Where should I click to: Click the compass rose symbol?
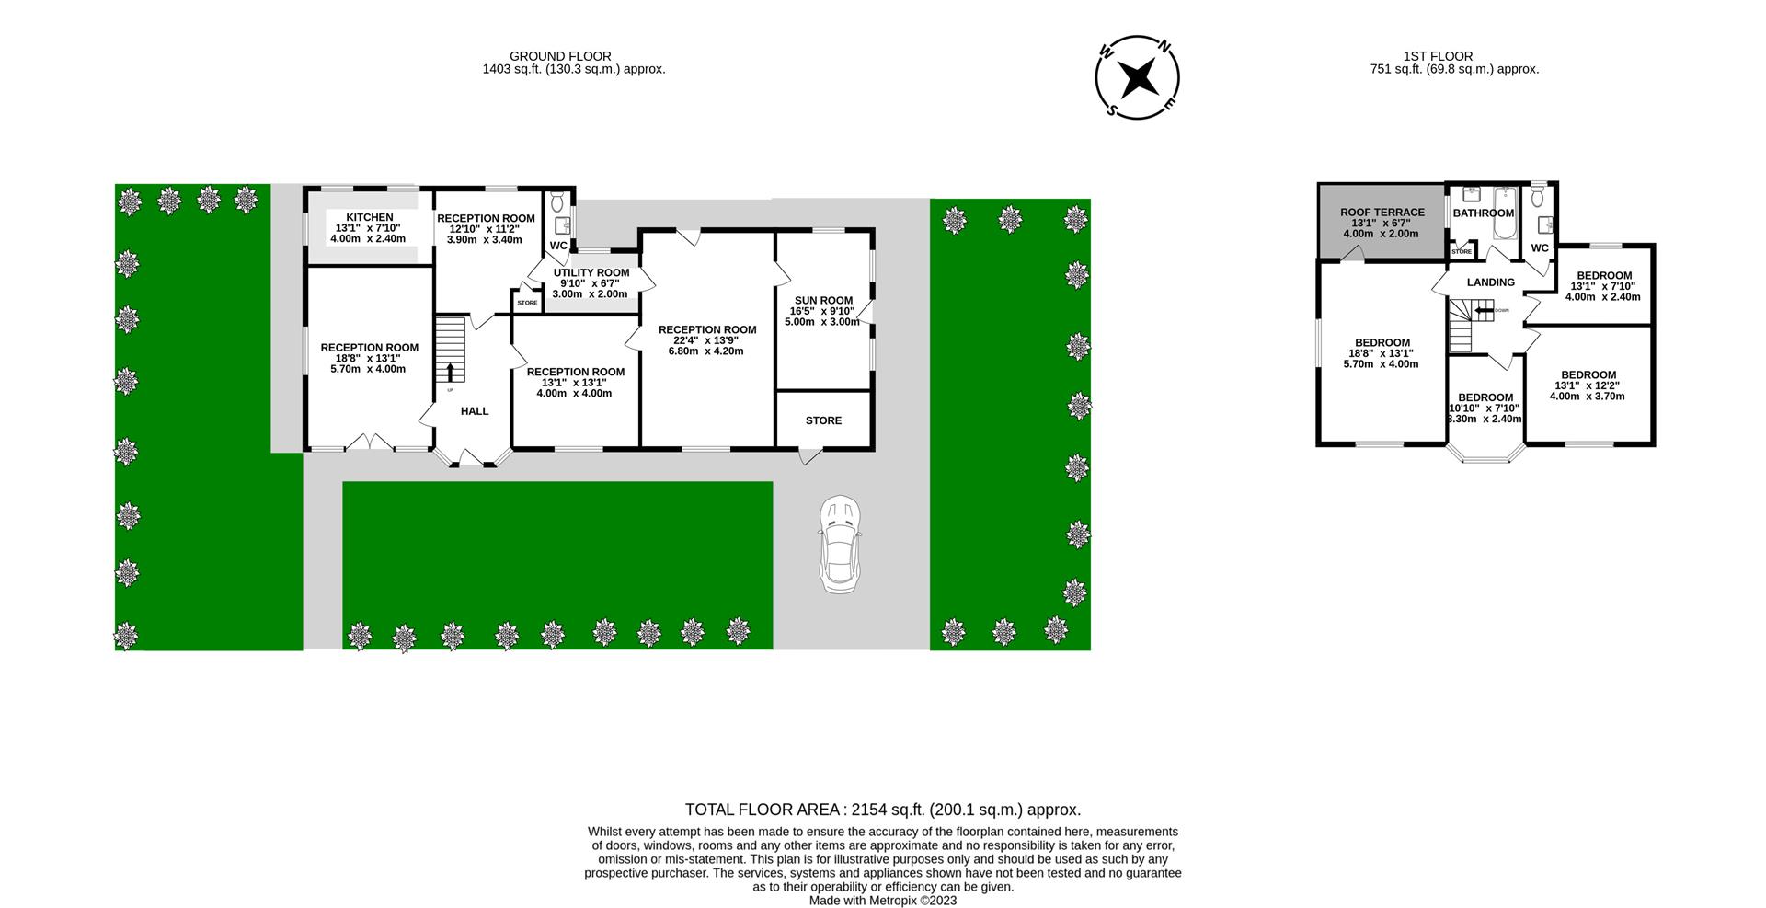click(x=1138, y=77)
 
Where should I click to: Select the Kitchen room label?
click(x=369, y=217)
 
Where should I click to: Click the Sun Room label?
click(x=823, y=300)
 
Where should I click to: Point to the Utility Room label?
click(x=591, y=272)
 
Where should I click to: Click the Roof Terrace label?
click(x=1382, y=213)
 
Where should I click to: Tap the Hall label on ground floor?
click(x=475, y=411)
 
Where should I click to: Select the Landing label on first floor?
click(x=1490, y=282)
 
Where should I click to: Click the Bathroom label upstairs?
click(x=1483, y=213)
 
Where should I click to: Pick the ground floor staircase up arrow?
click(x=451, y=371)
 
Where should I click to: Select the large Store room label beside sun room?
click(x=823, y=420)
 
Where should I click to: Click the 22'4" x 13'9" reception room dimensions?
click(x=707, y=340)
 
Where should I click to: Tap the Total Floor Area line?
click(x=882, y=810)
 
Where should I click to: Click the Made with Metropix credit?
click(x=882, y=901)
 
